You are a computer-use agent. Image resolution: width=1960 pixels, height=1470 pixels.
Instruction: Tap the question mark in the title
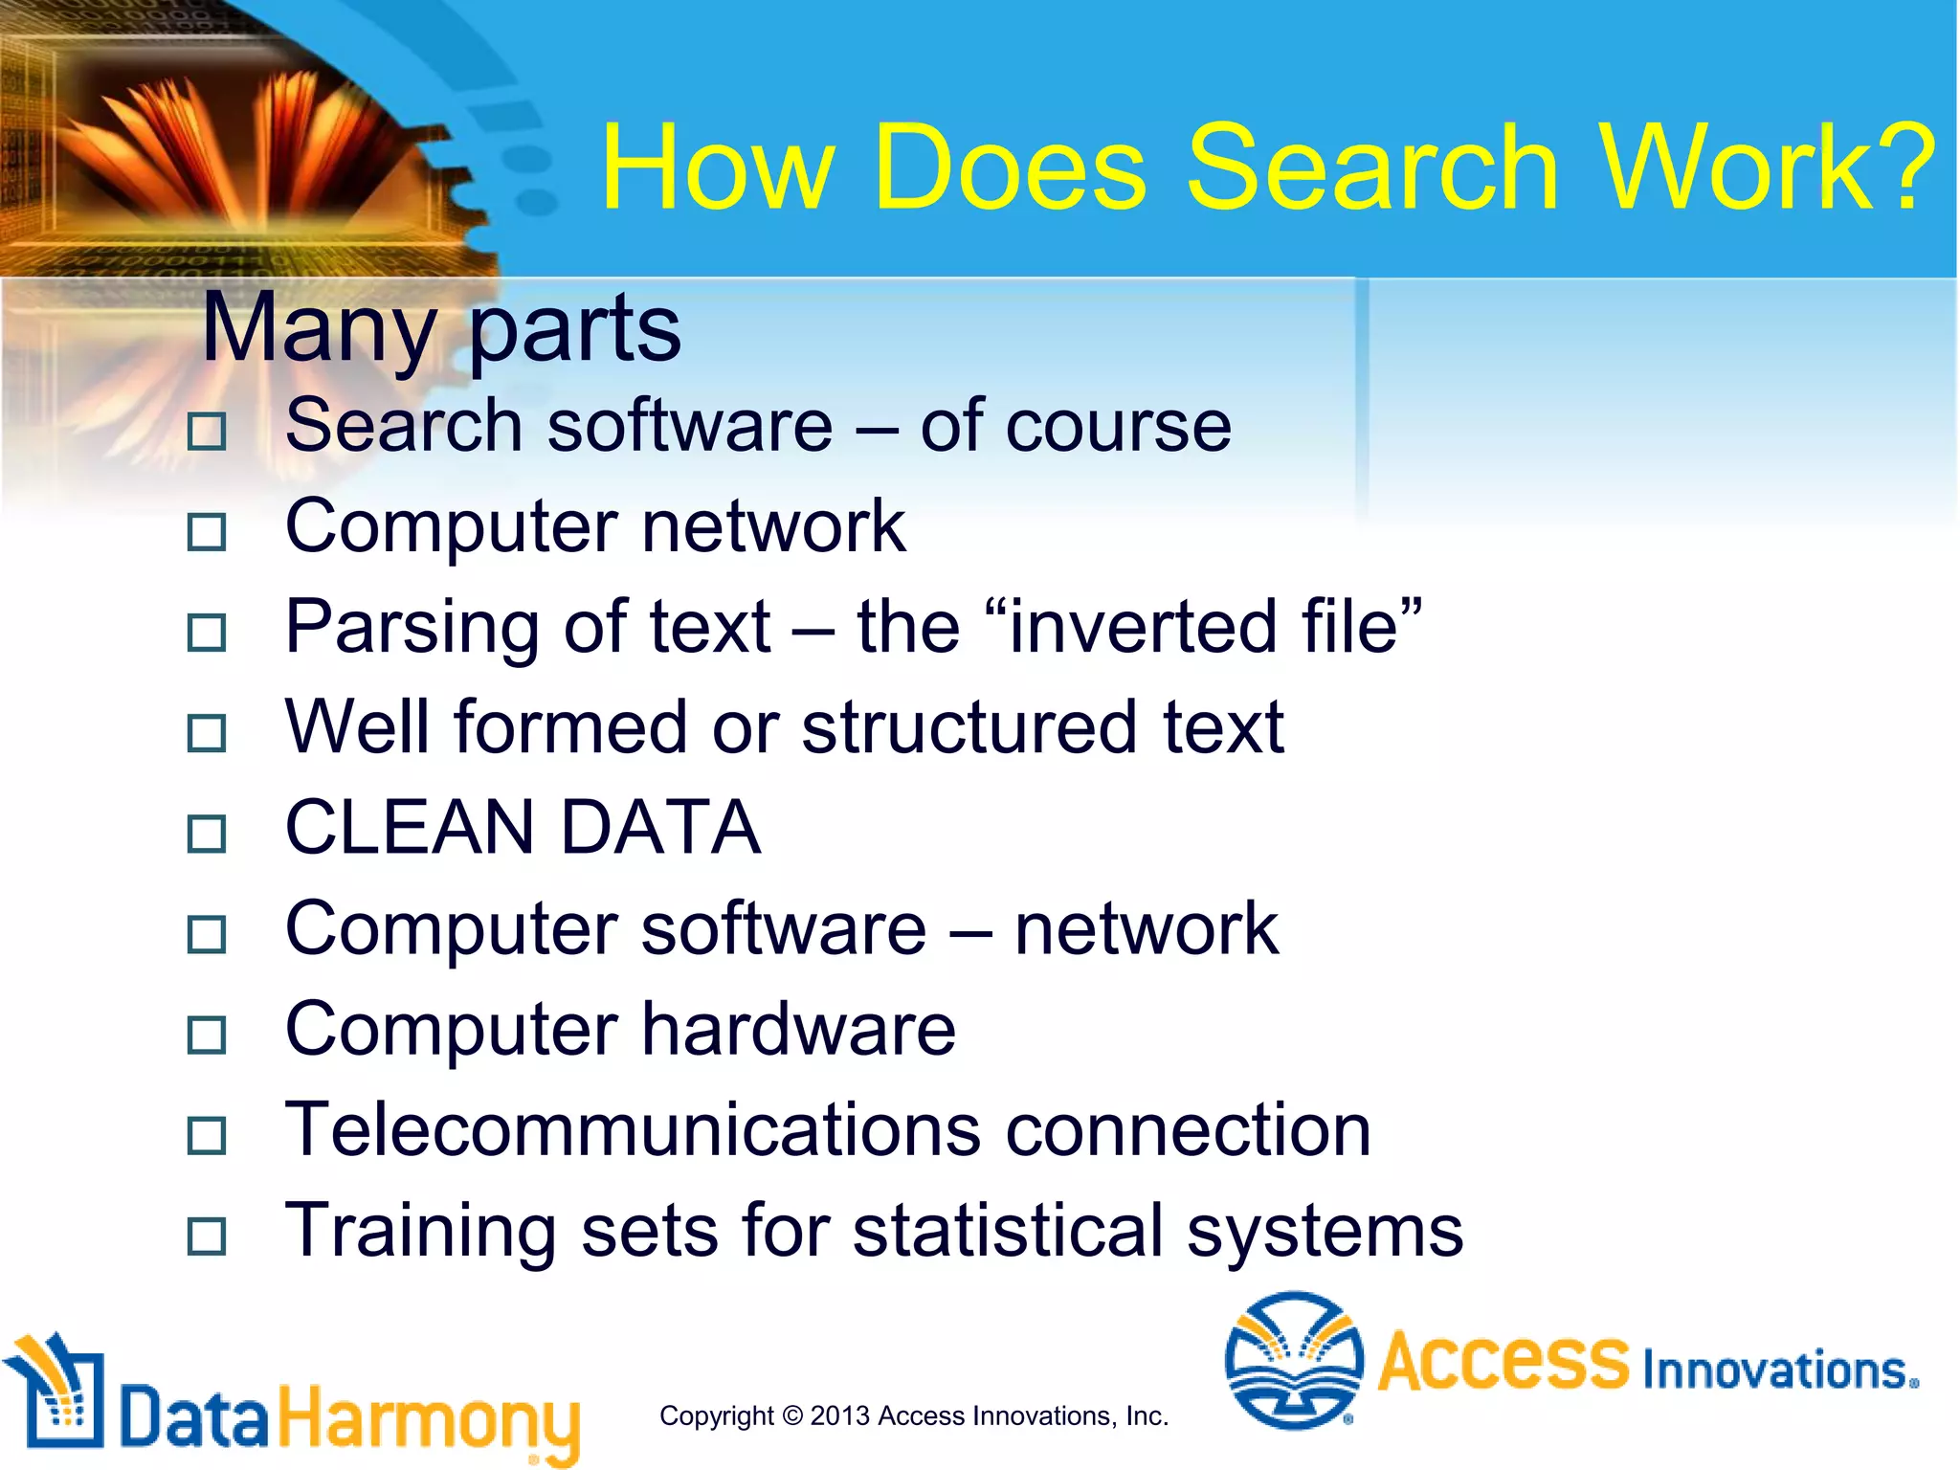[1901, 168]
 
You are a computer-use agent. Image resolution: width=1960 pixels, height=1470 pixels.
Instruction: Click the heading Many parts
[441, 328]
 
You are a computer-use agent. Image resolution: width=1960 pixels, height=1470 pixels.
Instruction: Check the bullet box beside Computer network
[207, 532]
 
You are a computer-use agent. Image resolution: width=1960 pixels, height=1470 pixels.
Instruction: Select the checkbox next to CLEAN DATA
[207, 834]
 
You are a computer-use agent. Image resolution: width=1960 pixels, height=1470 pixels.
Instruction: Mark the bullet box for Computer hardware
[207, 1035]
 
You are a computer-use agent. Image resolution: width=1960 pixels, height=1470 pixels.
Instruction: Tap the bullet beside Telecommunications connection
[207, 1136]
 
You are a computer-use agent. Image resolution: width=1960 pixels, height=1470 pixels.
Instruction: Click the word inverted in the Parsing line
[1144, 627]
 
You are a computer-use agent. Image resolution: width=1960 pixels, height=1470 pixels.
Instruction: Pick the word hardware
[798, 1030]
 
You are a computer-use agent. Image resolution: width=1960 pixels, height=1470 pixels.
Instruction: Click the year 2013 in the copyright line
[839, 1416]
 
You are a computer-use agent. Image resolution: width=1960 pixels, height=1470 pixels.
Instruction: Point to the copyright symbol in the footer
[791, 1416]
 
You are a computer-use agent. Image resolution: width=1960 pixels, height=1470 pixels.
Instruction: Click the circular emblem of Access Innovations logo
[1294, 1360]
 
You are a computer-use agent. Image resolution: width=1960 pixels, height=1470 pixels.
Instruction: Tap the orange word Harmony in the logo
[429, 1419]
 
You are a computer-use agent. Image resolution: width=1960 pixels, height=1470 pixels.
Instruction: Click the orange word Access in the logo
[1503, 1360]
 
